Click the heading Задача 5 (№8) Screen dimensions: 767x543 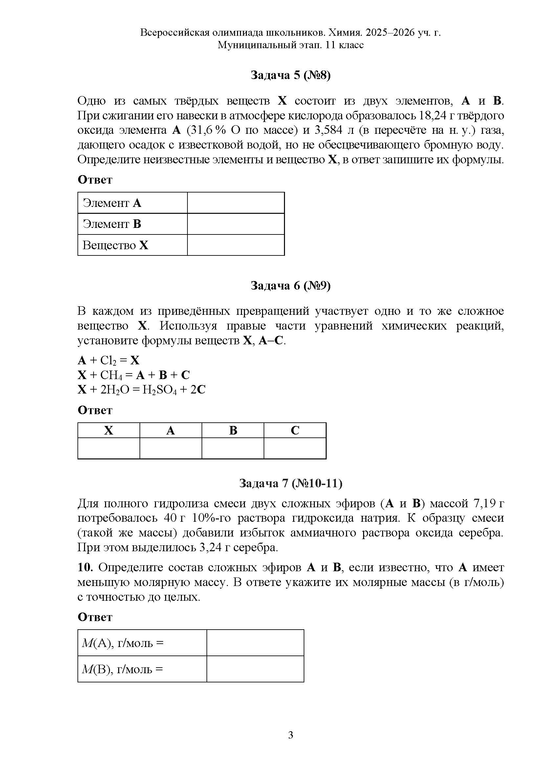[290, 75]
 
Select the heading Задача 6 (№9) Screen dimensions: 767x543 [290, 286]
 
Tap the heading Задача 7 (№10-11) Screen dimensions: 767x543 [291, 483]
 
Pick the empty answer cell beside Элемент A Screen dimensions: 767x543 [236, 203]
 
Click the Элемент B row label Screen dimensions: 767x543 [112, 224]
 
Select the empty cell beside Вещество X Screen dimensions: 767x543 [236, 245]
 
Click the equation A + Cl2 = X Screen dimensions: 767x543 [109, 360]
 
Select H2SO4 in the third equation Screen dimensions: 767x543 [159, 390]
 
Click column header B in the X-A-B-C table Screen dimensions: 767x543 [233, 430]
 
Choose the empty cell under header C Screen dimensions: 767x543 [295, 448]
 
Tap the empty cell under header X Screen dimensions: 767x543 [109, 448]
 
